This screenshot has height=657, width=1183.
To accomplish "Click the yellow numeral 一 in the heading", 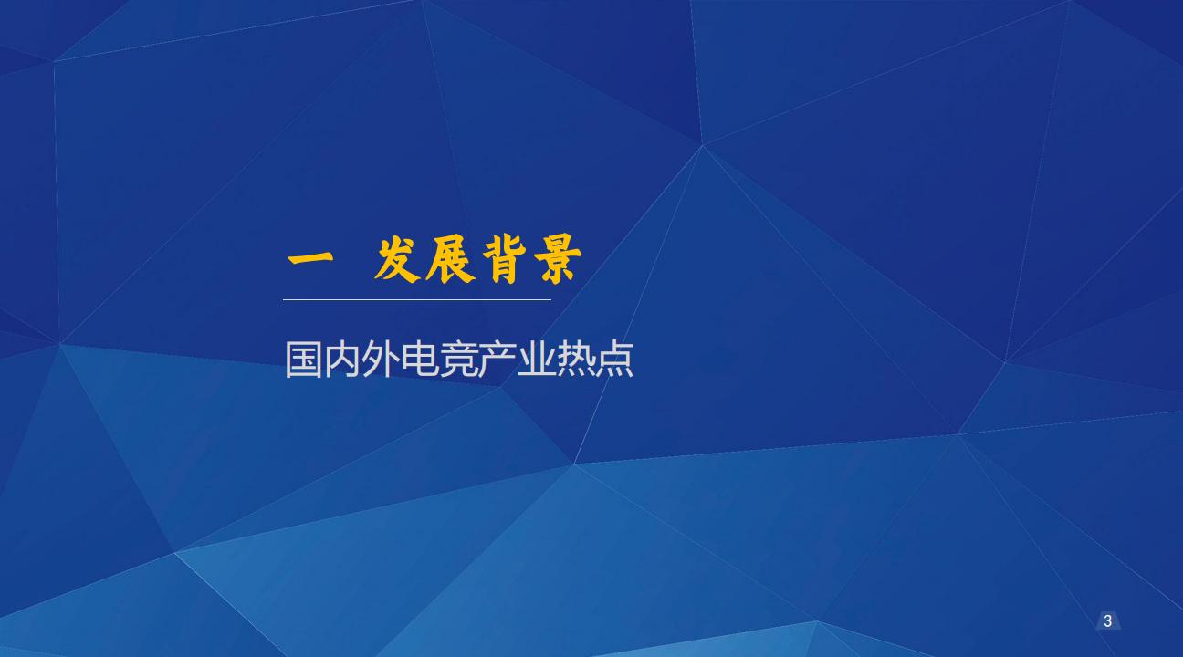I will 309,259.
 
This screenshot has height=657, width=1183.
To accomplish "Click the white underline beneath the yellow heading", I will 417,298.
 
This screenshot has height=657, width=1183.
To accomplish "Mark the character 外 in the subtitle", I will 381,360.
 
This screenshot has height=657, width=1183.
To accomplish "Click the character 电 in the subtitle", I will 420,360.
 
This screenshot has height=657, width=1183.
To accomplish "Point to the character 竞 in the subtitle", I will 459,360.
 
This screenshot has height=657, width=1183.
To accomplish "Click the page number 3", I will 1108,621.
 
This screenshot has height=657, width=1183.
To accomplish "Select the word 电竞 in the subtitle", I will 439,360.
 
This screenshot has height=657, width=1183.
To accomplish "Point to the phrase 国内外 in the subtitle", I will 342,360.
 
